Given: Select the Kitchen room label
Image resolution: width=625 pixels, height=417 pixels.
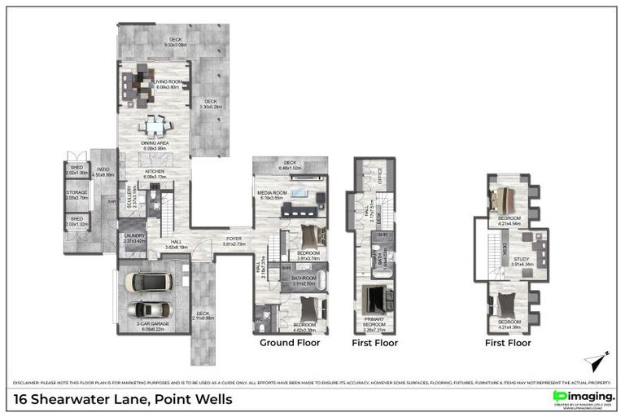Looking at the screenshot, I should pos(155,173).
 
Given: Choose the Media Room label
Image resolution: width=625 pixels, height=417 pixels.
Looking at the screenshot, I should pos(272,195).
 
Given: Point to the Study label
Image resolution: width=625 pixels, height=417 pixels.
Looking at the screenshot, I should pos(521,261).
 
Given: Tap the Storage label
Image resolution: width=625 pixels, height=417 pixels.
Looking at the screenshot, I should pos(76,194).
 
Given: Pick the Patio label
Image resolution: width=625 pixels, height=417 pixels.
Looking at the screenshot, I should pos(103,170).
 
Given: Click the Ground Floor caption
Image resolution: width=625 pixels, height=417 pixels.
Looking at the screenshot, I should pos(290,343).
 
